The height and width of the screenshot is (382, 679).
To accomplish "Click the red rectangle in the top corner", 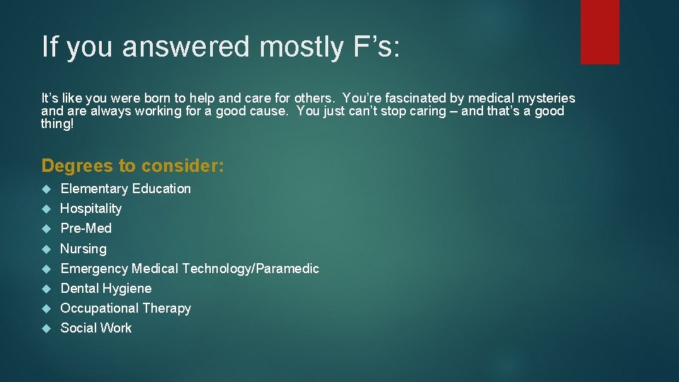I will pos(600,31).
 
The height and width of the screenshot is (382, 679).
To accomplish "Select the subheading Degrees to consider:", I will pos(133,166).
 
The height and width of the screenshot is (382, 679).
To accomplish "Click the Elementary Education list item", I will pos(126,189).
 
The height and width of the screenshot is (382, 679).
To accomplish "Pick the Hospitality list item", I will pos(91,209).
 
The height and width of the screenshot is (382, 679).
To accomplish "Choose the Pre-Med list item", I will pos(86,228).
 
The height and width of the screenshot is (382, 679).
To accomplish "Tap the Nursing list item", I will pos(83,249).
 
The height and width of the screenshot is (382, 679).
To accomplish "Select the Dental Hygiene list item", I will pos(106,289).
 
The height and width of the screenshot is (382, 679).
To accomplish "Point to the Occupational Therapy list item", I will pos(126,308).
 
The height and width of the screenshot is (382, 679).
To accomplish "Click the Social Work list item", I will pos(96,328).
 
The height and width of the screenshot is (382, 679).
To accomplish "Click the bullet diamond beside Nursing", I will pos(47,249).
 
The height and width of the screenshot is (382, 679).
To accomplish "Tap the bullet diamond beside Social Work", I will pos(47,328).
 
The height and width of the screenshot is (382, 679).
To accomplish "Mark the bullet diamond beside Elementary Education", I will pos(47,189).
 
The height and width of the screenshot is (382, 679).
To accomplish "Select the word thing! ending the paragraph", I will pos(57,124).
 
